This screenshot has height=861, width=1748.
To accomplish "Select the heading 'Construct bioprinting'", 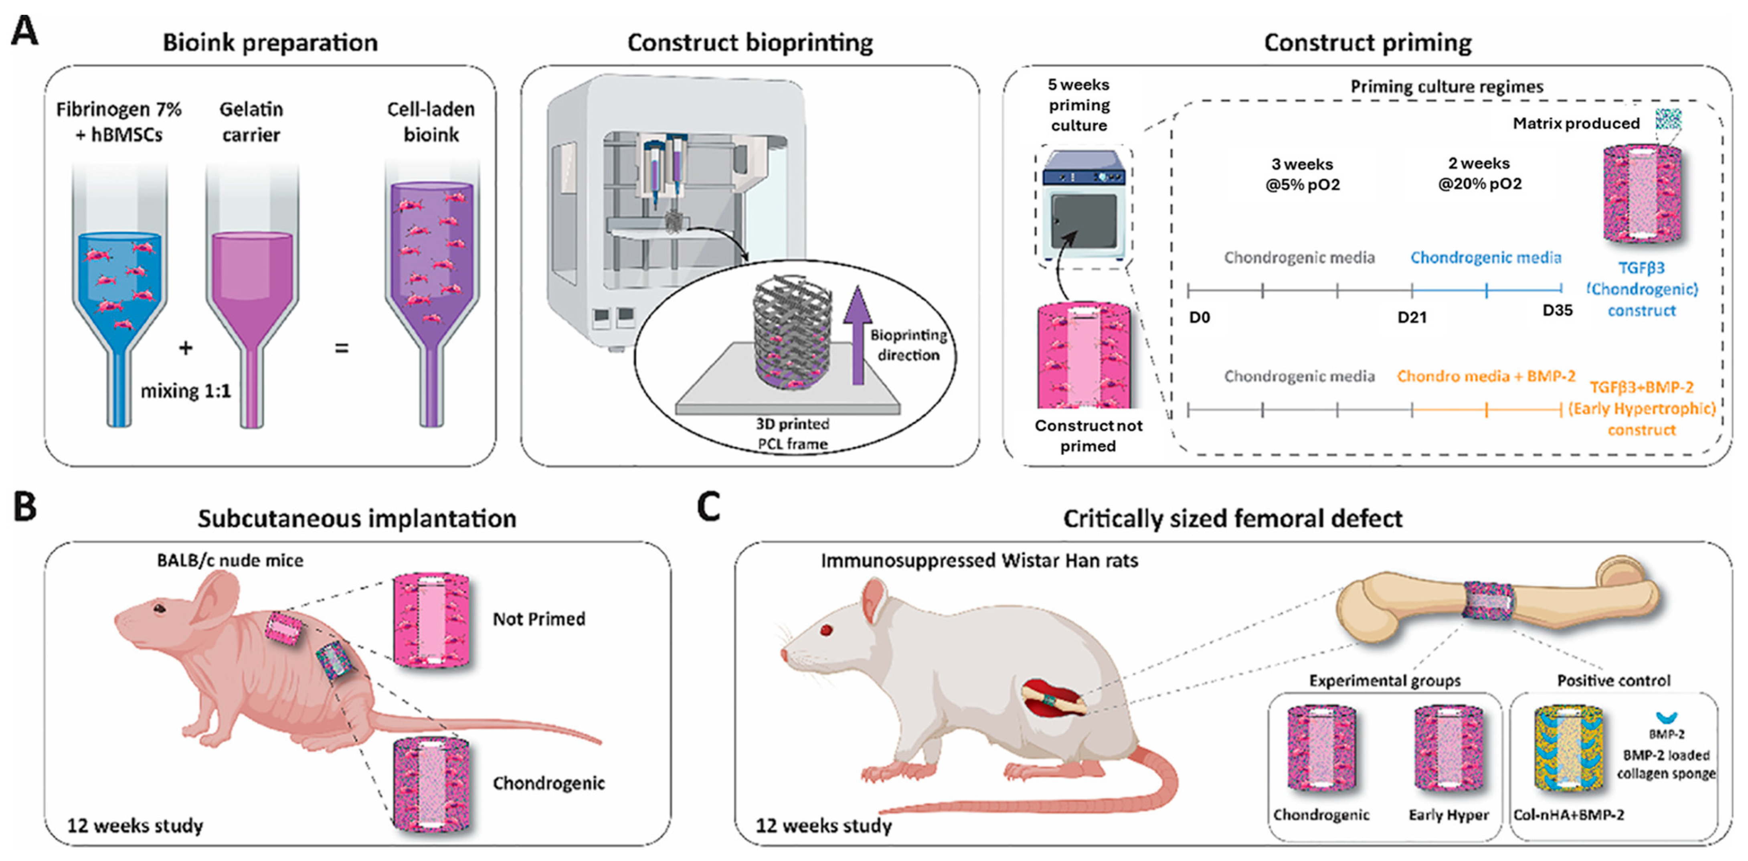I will click(x=750, y=43).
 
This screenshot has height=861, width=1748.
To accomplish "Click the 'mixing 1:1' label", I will click(x=185, y=391).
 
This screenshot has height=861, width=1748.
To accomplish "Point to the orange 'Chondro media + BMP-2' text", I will click(x=1485, y=376).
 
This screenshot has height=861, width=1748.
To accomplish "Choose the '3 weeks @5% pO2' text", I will click(x=1302, y=174).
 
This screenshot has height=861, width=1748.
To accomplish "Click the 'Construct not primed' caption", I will click(x=1088, y=436).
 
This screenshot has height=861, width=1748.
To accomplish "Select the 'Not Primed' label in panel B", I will click(x=539, y=619).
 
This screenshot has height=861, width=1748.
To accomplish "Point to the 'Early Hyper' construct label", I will click(x=1448, y=815).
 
